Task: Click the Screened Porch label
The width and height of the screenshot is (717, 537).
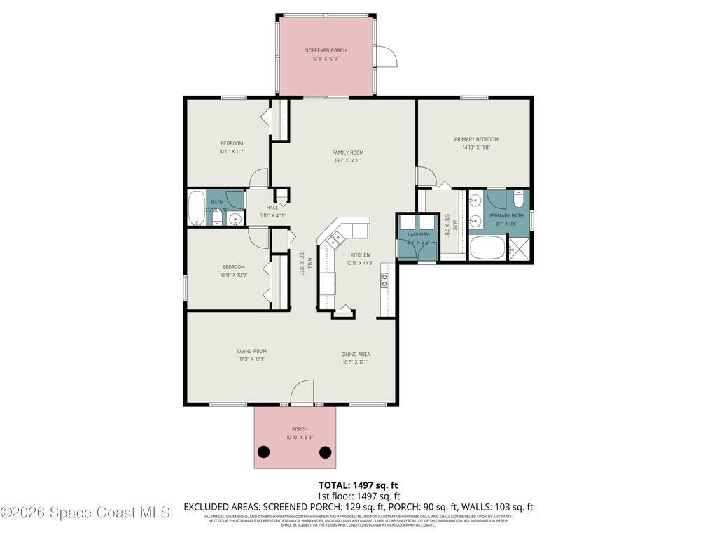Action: coord(326,50)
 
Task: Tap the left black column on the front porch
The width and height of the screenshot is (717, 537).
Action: coord(263,452)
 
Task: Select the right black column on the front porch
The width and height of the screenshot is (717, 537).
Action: coord(325,452)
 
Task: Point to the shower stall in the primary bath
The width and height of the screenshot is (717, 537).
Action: coord(519,248)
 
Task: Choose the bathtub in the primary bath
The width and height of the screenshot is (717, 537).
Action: coord(487,248)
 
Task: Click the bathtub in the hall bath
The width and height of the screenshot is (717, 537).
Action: coord(196,208)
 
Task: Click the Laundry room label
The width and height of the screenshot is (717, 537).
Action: coord(418,235)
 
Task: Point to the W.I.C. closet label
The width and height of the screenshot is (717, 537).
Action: coord(454,226)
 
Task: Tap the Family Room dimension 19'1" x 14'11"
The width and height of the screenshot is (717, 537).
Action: coord(347,160)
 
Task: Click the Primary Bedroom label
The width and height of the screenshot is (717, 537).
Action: coord(475,139)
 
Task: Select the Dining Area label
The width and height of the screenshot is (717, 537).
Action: coord(356,355)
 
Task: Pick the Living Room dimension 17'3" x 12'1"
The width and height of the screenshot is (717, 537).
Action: coord(251,359)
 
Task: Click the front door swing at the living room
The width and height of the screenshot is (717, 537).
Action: coord(302,392)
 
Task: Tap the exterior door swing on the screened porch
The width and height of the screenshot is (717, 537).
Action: coord(386,57)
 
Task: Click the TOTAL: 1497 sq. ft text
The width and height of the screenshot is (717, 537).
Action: coord(358,485)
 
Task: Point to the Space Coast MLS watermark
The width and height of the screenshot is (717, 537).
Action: coord(85,513)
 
